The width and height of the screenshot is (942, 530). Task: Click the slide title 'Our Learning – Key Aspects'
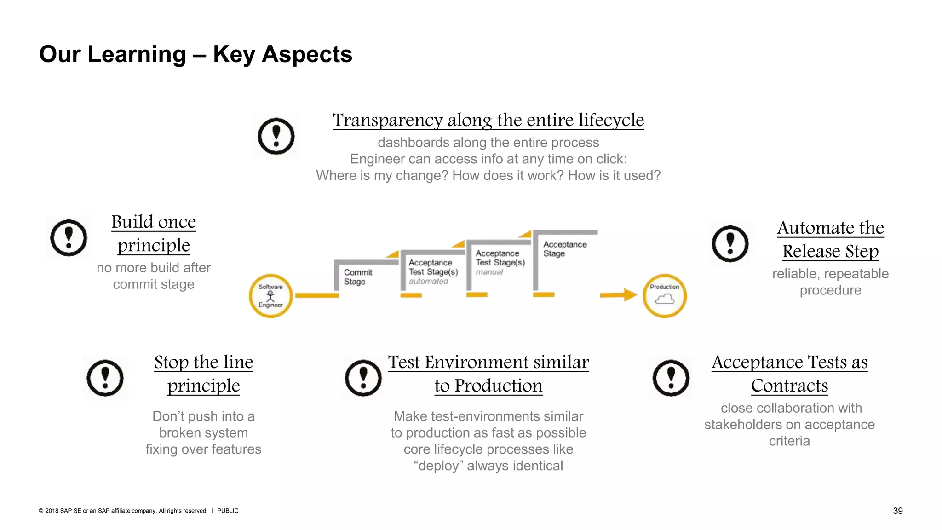(x=195, y=54)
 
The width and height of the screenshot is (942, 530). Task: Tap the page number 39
(x=897, y=511)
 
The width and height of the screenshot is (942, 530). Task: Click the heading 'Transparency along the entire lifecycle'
(x=488, y=120)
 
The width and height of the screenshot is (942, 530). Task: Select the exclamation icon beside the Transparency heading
(x=276, y=136)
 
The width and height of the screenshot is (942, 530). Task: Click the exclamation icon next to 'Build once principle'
(x=69, y=237)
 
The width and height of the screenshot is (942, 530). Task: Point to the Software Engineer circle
(x=270, y=296)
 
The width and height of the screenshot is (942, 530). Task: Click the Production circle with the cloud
(x=664, y=296)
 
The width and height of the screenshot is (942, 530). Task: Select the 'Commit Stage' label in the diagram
(x=357, y=277)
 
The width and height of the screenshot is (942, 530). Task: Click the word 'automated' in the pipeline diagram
(x=428, y=281)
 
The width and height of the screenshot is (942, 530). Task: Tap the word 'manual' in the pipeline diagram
(x=489, y=272)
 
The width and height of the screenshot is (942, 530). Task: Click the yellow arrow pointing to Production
(x=618, y=295)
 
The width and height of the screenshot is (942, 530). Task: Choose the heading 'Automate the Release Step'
(x=830, y=239)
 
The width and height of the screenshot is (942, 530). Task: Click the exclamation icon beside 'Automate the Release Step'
(x=730, y=243)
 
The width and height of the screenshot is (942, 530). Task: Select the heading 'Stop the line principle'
(x=203, y=374)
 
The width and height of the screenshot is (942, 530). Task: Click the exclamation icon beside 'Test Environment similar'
(x=363, y=378)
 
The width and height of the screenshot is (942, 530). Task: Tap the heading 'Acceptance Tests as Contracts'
(x=789, y=374)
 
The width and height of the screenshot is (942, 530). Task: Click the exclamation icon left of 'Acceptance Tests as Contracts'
(x=671, y=378)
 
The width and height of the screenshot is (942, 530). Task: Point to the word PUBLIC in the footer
(x=228, y=511)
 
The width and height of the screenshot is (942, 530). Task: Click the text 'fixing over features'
(x=203, y=449)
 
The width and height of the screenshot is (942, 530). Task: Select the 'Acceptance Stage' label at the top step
(x=564, y=249)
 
